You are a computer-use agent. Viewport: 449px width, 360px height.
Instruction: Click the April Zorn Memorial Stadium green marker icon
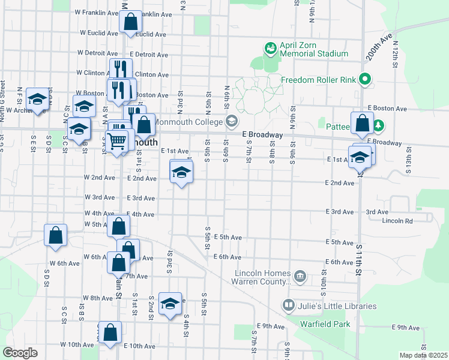click(271, 47)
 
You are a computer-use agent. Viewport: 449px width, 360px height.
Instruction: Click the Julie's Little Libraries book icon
click(289, 306)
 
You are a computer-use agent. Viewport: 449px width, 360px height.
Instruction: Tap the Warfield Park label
click(325, 325)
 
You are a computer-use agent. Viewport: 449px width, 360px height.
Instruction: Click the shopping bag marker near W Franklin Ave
click(130, 22)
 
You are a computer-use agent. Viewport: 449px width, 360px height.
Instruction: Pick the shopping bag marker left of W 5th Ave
click(55, 235)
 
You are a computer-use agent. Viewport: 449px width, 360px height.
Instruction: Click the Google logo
click(20, 353)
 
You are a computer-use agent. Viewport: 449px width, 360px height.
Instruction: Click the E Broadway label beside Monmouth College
click(262, 135)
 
